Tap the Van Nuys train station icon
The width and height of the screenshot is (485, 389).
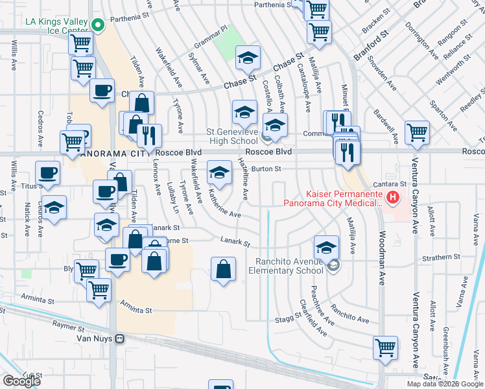coord(119,338)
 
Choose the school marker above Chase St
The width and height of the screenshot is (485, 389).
coord(247,58)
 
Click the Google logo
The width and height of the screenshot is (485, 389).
coord(21,381)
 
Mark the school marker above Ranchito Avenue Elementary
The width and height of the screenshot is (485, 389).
coord(326,247)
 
